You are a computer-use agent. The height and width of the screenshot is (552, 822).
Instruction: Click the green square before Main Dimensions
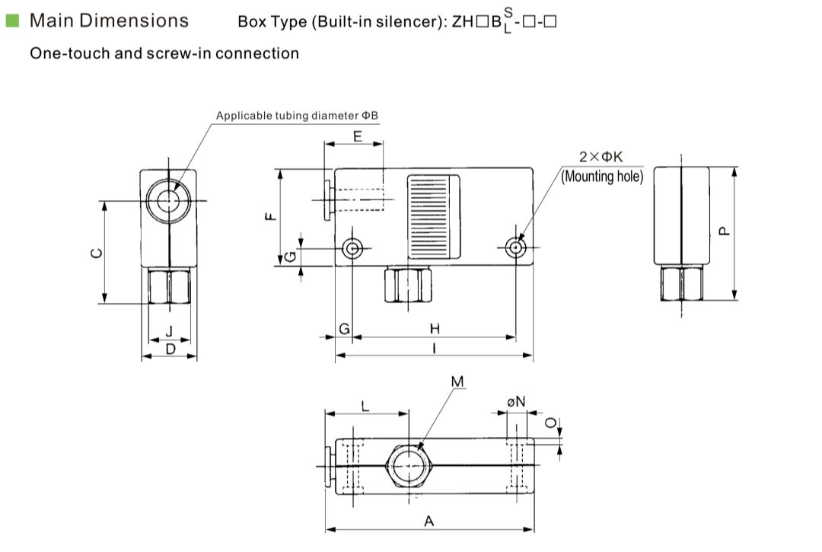(x=11, y=21)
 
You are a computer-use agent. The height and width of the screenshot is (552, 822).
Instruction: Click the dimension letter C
(x=95, y=254)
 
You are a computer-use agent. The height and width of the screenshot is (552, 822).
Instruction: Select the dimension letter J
(x=169, y=330)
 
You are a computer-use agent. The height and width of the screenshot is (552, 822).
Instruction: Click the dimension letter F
(x=269, y=217)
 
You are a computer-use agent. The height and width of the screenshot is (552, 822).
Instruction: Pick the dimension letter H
(x=435, y=328)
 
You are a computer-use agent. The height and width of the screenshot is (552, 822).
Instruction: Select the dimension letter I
(x=433, y=348)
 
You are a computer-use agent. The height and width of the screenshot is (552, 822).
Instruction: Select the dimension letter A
(x=429, y=521)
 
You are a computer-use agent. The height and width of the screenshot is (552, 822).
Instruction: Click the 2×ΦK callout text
(x=601, y=156)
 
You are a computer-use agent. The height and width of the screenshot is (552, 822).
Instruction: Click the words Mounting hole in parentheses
(x=602, y=176)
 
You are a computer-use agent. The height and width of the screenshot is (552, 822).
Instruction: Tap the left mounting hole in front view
(x=352, y=248)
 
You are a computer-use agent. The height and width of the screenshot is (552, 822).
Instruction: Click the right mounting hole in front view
(x=516, y=247)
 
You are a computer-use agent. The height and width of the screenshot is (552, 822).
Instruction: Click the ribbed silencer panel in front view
(x=434, y=215)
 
